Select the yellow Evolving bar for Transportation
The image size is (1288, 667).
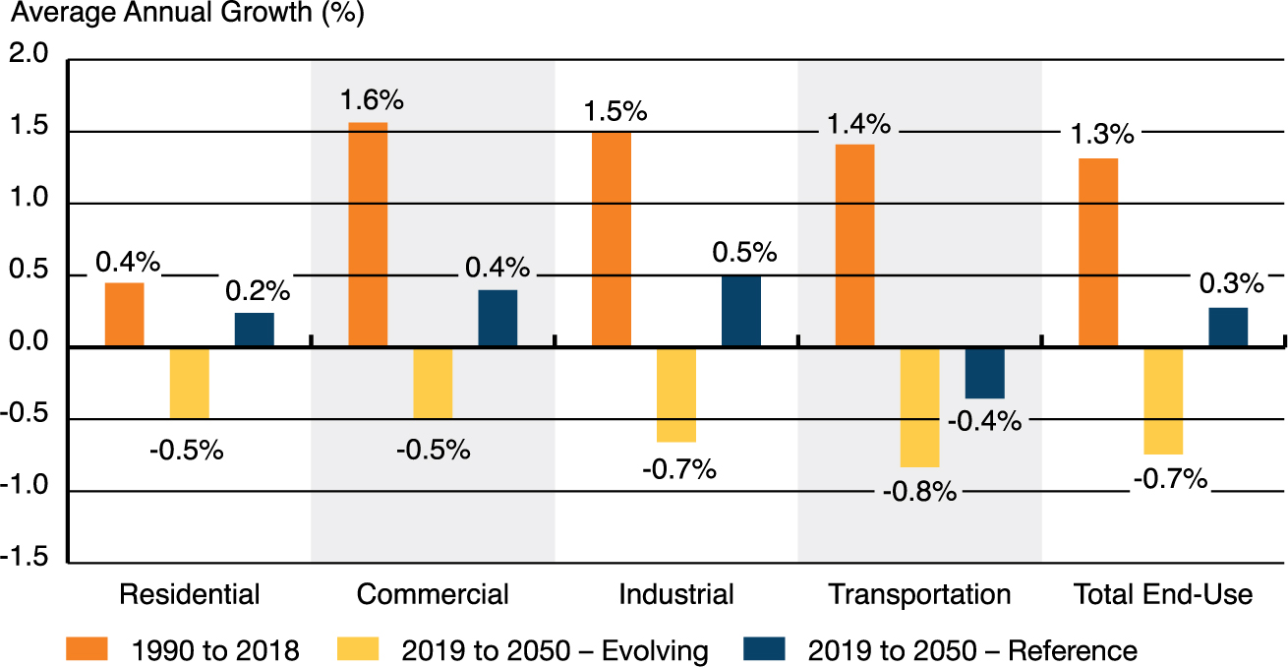(919, 406)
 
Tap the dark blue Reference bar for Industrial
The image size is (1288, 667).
(740, 311)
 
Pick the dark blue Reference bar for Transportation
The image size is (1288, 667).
(984, 373)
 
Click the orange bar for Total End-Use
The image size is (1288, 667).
(1098, 252)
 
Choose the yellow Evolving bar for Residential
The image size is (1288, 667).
(189, 383)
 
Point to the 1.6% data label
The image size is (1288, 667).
(373, 100)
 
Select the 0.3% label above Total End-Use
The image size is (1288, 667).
(1231, 284)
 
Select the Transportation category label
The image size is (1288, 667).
(919, 594)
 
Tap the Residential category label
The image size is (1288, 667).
(189, 594)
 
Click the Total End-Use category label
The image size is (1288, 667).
(1163, 594)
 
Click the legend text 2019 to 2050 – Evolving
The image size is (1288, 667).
(555, 650)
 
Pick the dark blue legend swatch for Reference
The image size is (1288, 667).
(766, 649)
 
